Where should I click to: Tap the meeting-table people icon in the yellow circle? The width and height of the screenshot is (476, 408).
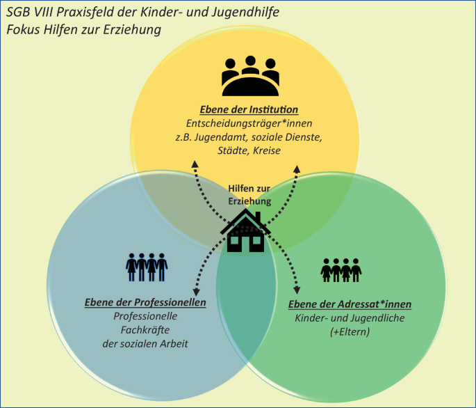tap(250, 76)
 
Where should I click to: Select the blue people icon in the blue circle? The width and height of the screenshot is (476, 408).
tap(146, 267)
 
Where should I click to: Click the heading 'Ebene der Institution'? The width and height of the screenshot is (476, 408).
tap(249, 109)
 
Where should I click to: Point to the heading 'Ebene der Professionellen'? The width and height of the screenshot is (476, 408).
tap(145, 303)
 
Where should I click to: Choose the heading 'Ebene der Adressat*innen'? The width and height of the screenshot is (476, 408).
tap(350, 304)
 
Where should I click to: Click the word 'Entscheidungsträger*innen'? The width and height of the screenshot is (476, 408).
tap(249, 123)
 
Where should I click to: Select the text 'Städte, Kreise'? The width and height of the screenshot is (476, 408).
tap(248, 150)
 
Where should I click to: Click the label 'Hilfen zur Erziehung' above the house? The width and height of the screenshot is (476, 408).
tap(249, 194)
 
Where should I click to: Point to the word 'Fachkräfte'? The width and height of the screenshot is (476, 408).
tap(145, 329)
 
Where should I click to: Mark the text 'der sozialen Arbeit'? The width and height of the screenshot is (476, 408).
tap(145, 343)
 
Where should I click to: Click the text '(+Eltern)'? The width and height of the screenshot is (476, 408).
tap(350, 331)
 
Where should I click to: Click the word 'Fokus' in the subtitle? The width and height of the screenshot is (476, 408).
tap(24, 30)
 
